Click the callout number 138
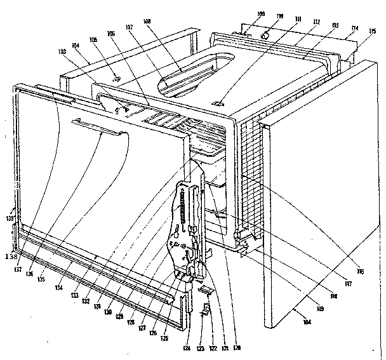click(x=10, y=257)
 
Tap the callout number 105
click(x=93, y=39)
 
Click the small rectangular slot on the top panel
click(x=219, y=102)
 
